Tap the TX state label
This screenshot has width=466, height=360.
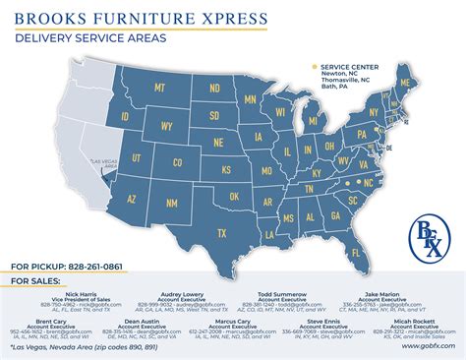coord(221,232)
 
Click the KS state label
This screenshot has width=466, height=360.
coord(226,169)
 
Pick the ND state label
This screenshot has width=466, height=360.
coord(214,87)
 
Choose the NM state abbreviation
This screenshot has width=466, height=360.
coord(172,204)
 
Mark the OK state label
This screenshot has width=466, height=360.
coord(233,197)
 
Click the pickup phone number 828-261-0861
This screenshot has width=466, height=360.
coord(92,267)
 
